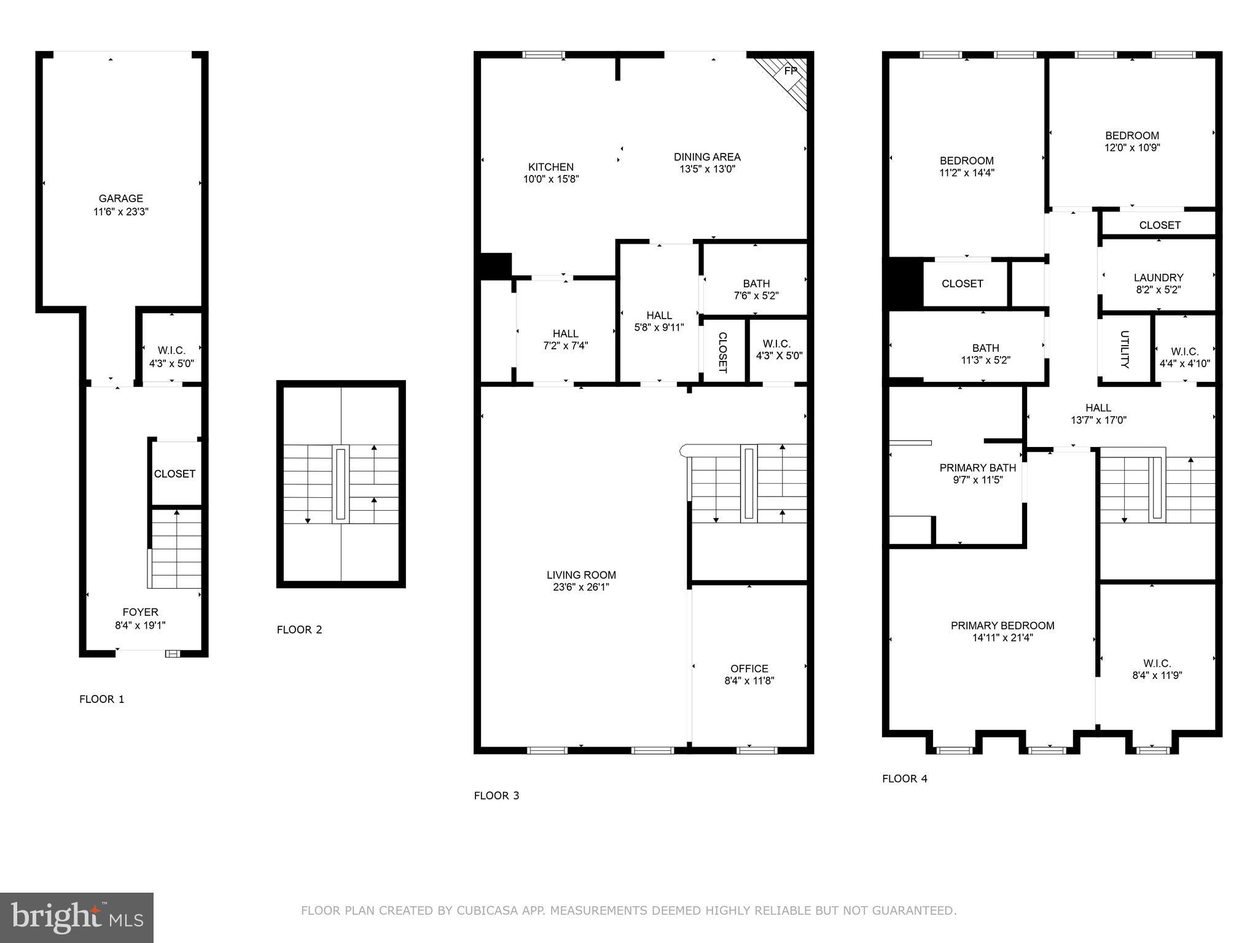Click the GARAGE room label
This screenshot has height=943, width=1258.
[121, 198]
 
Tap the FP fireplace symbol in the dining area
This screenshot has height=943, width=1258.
[791, 71]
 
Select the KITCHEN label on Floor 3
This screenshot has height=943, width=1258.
[551, 167]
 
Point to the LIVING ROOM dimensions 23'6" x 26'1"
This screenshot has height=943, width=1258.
[581, 587]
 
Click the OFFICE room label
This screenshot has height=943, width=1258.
[749, 669]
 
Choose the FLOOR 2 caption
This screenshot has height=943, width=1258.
[299, 629]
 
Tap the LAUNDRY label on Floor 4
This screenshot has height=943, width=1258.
[1158, 277]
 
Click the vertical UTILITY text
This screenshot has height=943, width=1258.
[1124, 349]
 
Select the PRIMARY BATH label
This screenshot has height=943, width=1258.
[977, 468]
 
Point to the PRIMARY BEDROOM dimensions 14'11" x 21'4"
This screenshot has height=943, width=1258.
[1002, 638]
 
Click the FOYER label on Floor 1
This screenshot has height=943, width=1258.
[141, 612]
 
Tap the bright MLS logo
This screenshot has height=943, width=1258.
[77, 917]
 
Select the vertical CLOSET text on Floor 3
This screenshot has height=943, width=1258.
[722, 352]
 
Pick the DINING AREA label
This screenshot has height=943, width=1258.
[707, 157]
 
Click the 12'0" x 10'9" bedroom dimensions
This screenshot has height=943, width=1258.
[1132, 147]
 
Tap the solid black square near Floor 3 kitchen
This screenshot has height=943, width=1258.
[495, 266]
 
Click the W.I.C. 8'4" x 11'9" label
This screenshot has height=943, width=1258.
[1157, 669]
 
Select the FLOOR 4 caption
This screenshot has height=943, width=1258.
[904, 778]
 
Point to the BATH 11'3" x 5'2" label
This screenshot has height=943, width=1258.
[985, 354]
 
